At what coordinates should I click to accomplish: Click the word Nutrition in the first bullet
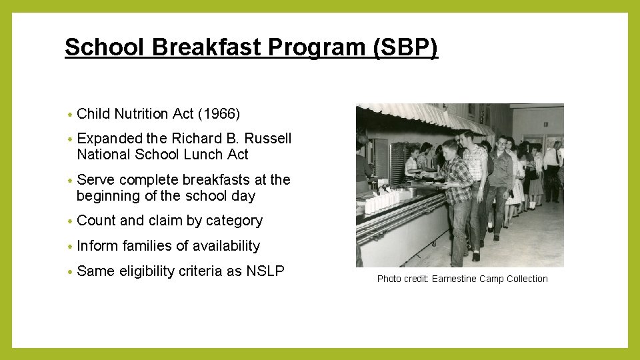pyautogui.click(x=142, y=114)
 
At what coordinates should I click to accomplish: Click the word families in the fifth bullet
pyautogui.click(x=143, y=246)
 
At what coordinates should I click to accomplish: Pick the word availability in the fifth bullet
pyautogui.click(x=226, y=246)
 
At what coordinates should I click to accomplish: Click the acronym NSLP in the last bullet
pyautogui.click(x=265, y=271)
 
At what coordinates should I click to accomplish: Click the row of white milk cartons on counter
pyautogui.click(x=380, y=199)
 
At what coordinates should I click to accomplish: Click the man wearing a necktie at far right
pyautogui.click(x=553, y=163)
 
